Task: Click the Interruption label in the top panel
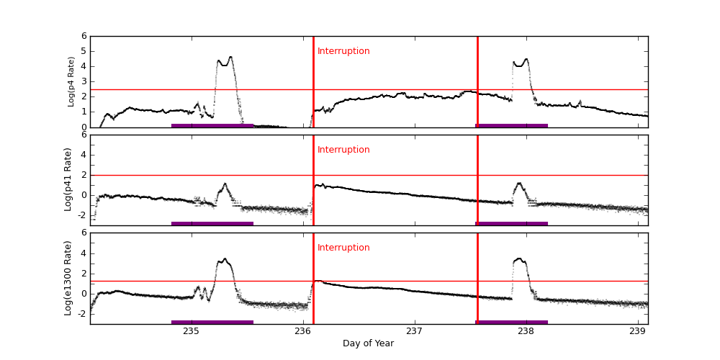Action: click(x=343, y=51)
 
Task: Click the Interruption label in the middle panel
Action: click(x=343, y=150)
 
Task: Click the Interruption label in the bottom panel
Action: click(x=343, y=248)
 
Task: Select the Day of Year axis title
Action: click(x=368, y=343)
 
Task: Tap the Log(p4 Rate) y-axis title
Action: click(x=71, y=81)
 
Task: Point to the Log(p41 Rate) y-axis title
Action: click(x=68, y=179)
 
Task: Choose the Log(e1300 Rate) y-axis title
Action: click(x=68, y=278)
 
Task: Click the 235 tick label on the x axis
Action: click(x=192, y=331)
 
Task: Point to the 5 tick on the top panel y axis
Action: click(x=84, y=51)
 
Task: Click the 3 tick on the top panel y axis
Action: click(x=84, y=81)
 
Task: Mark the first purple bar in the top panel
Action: click(x=212, y=125)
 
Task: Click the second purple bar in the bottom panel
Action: click(x=512, y=322)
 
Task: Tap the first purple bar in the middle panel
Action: click(x=212, y=223)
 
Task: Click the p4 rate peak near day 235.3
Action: click(x=230, y=58)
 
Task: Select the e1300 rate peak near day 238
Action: click(x=520, y=258)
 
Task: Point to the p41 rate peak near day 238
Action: click(x=520, y=184)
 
